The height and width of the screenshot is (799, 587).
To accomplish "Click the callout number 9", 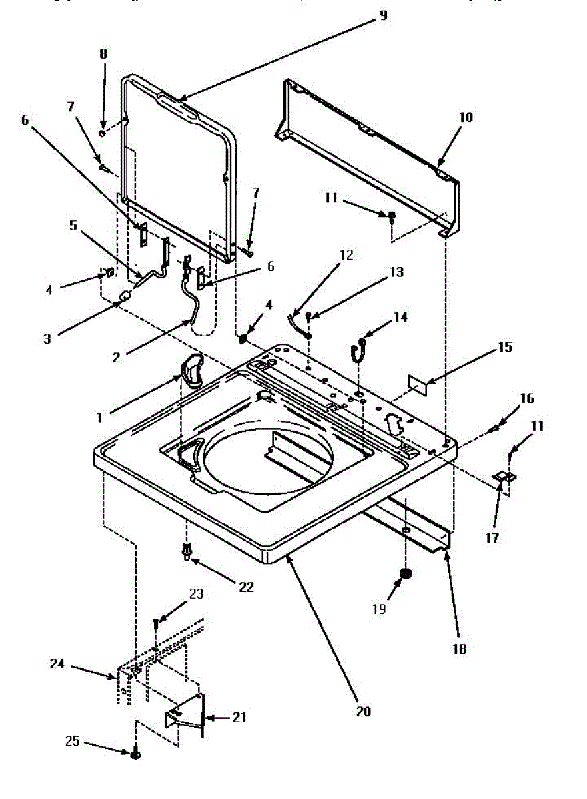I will coord(382,15).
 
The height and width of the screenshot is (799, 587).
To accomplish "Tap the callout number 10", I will coord(466,118).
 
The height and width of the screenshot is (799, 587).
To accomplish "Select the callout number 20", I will coord(363,711).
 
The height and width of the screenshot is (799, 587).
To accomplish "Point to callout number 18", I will coord(458,648).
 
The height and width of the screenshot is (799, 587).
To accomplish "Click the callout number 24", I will coord(58,663).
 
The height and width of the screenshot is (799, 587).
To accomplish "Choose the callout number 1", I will coord(99,417).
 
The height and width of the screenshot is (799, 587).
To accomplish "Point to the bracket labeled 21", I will coord(185,717).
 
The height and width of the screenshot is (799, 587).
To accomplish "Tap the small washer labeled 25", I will coord(136,754).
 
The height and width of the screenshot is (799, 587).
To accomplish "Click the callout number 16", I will coord(527,399).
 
